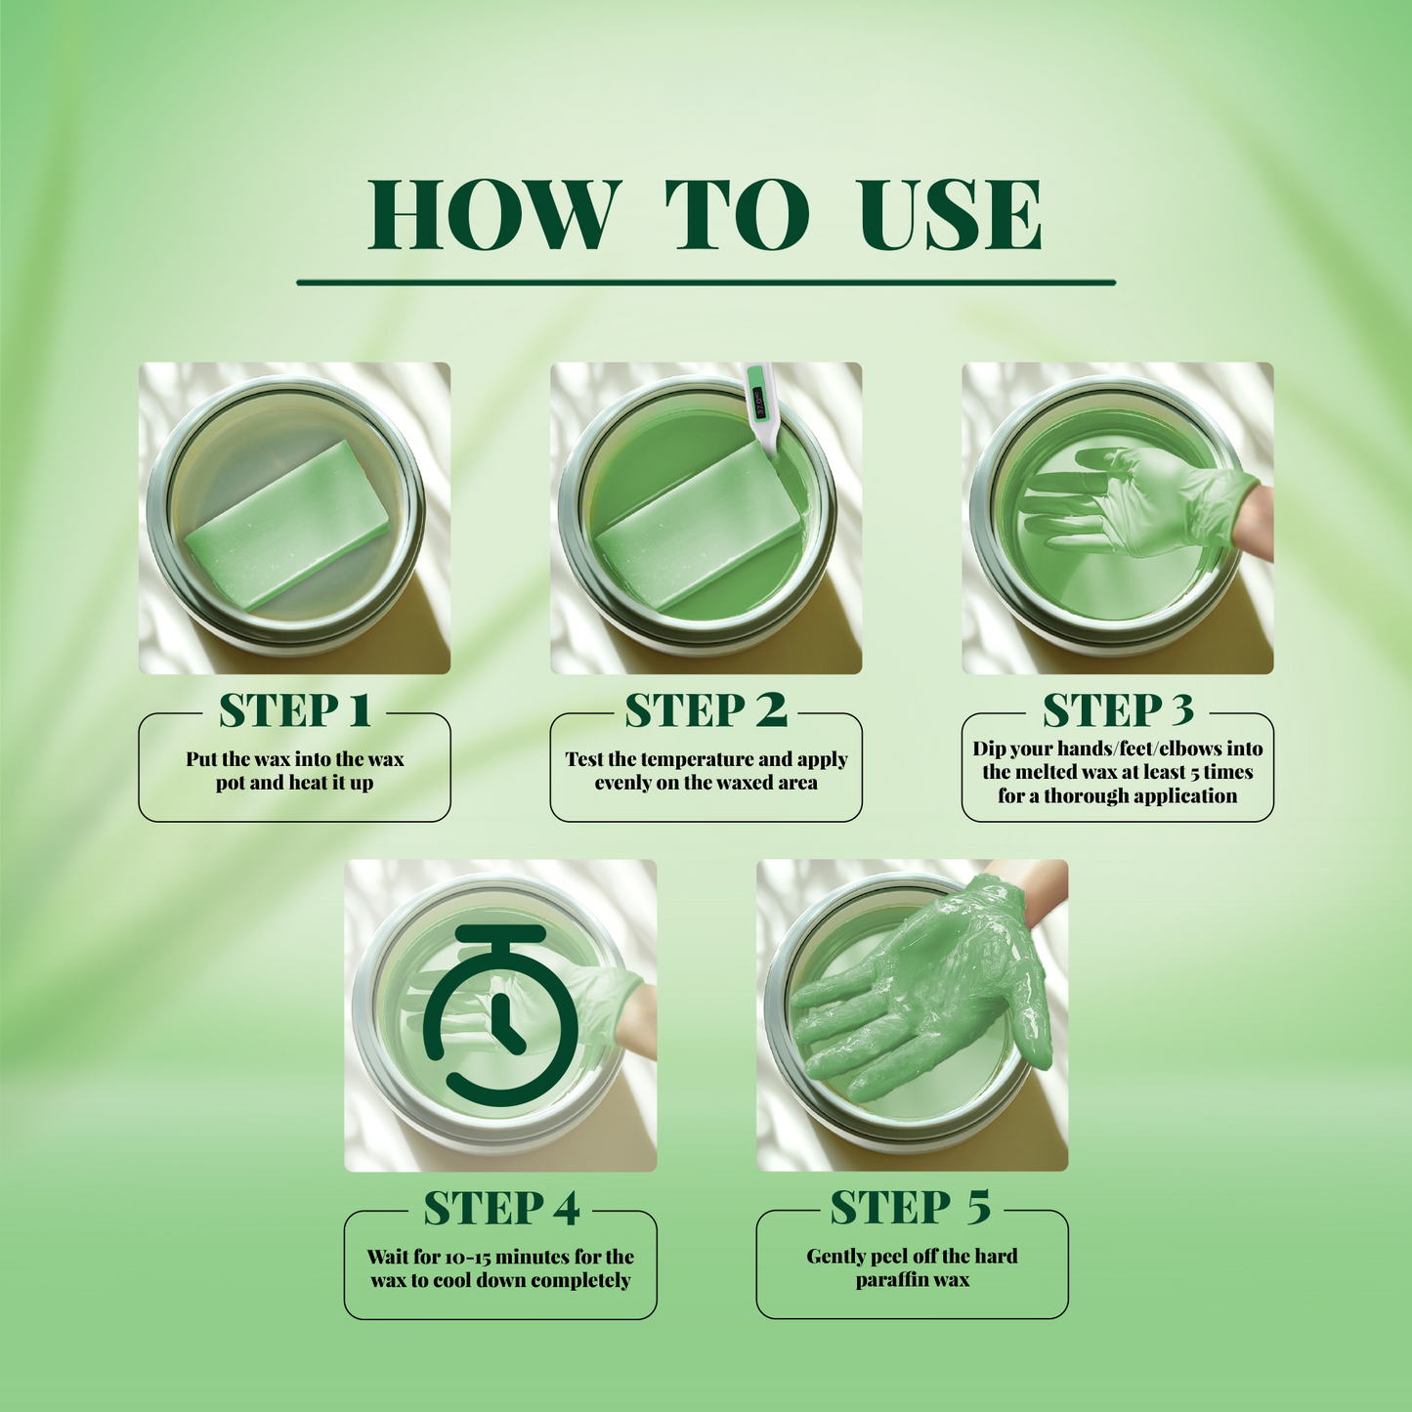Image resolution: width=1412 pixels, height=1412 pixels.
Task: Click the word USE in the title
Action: point(950,215)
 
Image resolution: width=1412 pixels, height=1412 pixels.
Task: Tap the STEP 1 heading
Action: point(294,711)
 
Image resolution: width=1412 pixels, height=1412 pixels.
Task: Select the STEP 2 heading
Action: point(706,711)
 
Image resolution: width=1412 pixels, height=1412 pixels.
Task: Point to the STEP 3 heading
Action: point(1118,711)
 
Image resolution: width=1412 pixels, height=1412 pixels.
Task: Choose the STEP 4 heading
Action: point(500,1209)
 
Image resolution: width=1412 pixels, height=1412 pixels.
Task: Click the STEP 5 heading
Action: point(911,1209)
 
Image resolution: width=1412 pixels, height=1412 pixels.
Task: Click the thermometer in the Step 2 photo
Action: point(760,406)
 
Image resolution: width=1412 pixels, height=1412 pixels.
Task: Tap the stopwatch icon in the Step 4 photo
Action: point(501,1016)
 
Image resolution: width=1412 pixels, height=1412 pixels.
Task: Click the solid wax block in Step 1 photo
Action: point(287,525)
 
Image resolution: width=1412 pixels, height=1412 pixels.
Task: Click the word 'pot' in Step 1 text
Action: point(231,784)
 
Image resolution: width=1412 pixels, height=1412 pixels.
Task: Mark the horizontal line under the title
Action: point(706,282)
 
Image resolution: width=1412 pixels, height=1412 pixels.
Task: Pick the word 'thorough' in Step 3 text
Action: point(1081,796)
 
